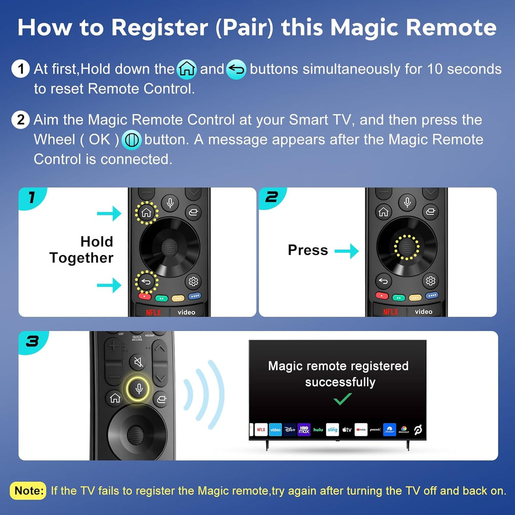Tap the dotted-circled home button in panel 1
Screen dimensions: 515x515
click(146, 212)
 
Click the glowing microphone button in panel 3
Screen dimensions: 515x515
click(139, 389)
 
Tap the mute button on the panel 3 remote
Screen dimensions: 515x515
click(138, 363)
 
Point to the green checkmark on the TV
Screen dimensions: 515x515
click(342, 399)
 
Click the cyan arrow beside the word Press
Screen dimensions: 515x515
click(347, 251)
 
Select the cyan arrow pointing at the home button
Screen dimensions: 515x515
click(109, 214)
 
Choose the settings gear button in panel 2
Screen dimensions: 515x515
click(431, 281)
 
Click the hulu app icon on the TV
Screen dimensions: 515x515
click(318, 430)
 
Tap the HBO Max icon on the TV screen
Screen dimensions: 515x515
click(304, 430)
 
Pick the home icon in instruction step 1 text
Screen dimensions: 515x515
click(186, 70)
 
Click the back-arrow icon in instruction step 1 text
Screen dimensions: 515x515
click(236, 70)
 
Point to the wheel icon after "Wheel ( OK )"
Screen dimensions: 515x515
click(131, 140)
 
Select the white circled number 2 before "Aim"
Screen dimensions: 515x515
click(21, 120)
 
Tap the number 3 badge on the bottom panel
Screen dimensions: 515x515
click(32, 341)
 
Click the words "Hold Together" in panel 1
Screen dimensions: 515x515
click(82, 250)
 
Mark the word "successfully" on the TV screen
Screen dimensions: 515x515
click(340, 382)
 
